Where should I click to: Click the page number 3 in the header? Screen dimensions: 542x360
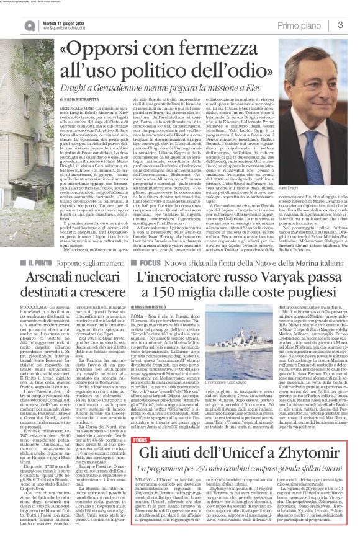(x=340, y=24)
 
